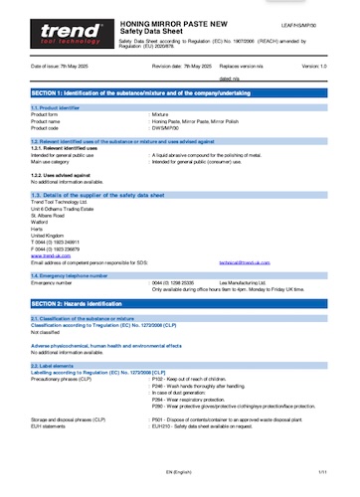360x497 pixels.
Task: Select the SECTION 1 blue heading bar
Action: coord(179,90)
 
